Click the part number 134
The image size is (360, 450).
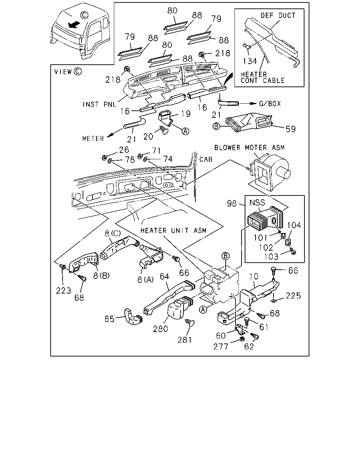tap(250, 61)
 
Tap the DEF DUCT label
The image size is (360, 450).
tap(278, 15)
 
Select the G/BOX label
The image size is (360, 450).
tap(270, 103)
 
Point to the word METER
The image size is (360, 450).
tap(93, 139)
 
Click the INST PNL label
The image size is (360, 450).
tap(99, 104)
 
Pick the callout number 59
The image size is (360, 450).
tap(291, 129)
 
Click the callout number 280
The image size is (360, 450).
tap(160, 329)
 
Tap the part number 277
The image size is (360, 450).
tap(221, 347)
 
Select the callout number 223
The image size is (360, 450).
tap(63, 291)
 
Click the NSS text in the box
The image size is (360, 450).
tap(257, 202)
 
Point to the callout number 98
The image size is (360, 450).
tap(232, 203)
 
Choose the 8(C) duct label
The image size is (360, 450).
tap(112, 233)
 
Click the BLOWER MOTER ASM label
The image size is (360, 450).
tap(250, 148)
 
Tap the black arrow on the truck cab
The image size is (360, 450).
tap(74, 25)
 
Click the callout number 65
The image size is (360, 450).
tap(109, 319)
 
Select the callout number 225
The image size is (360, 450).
tap(293, 296)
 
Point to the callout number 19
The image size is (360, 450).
tap(186, 114)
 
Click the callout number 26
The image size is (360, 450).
tap(124, 150)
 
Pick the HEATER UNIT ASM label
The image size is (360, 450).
tap(173, 230)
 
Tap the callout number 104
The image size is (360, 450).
tap(294, 225)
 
